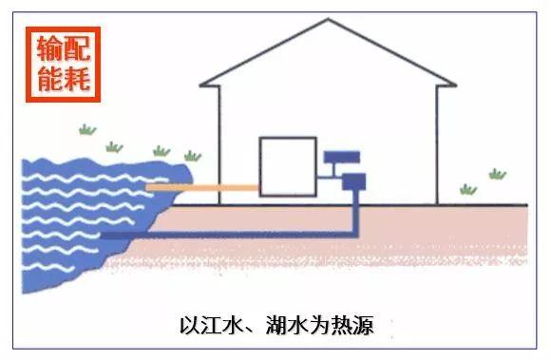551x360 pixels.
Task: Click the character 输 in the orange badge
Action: (x=49, y=47)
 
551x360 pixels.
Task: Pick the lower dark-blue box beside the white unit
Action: (x=353, y=180)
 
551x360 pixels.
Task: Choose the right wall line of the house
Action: (x=436, y=142)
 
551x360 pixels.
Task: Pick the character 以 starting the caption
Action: (x=190, y=326)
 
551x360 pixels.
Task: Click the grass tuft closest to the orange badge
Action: (x=87, y=128)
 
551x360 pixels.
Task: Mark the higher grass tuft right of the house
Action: (x=497, y=173)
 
